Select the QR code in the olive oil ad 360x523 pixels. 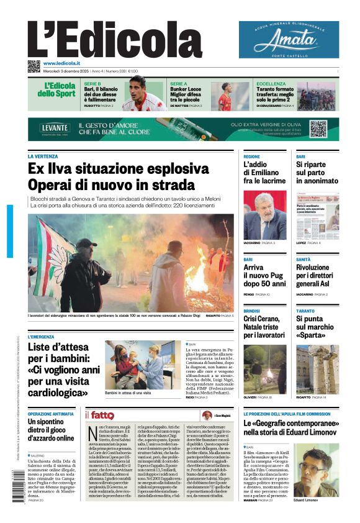click(x=318, y=129)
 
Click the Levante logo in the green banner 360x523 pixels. click(x=55, y=127)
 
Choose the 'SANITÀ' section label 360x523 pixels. click(x=304, y=260)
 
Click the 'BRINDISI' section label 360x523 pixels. click(x=252, y=311)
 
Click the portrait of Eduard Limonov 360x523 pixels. click(x=317, y=469)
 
